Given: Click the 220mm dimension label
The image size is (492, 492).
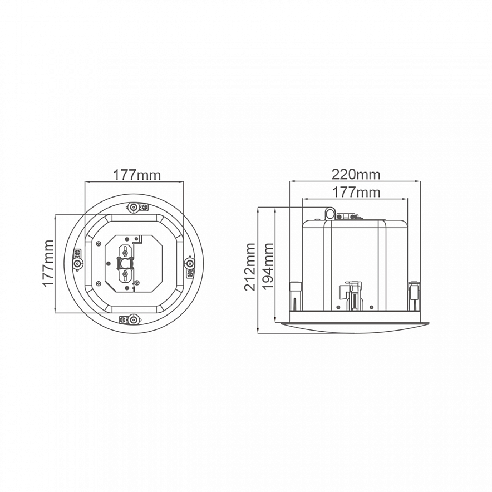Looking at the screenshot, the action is [356, 174].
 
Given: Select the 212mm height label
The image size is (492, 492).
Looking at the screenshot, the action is [250, 267].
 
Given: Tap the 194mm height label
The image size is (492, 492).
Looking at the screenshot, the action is [268, 267].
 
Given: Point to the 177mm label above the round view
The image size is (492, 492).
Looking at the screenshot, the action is [136, 175].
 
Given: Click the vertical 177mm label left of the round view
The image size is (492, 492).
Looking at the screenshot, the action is [48, 263].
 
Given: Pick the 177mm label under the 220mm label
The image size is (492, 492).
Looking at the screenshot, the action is [356, 192].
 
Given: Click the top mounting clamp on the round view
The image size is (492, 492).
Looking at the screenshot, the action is [137, 207].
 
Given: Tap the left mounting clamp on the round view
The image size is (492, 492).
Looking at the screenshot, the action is [77, 260].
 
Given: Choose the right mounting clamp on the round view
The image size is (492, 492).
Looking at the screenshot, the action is [190, 267].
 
